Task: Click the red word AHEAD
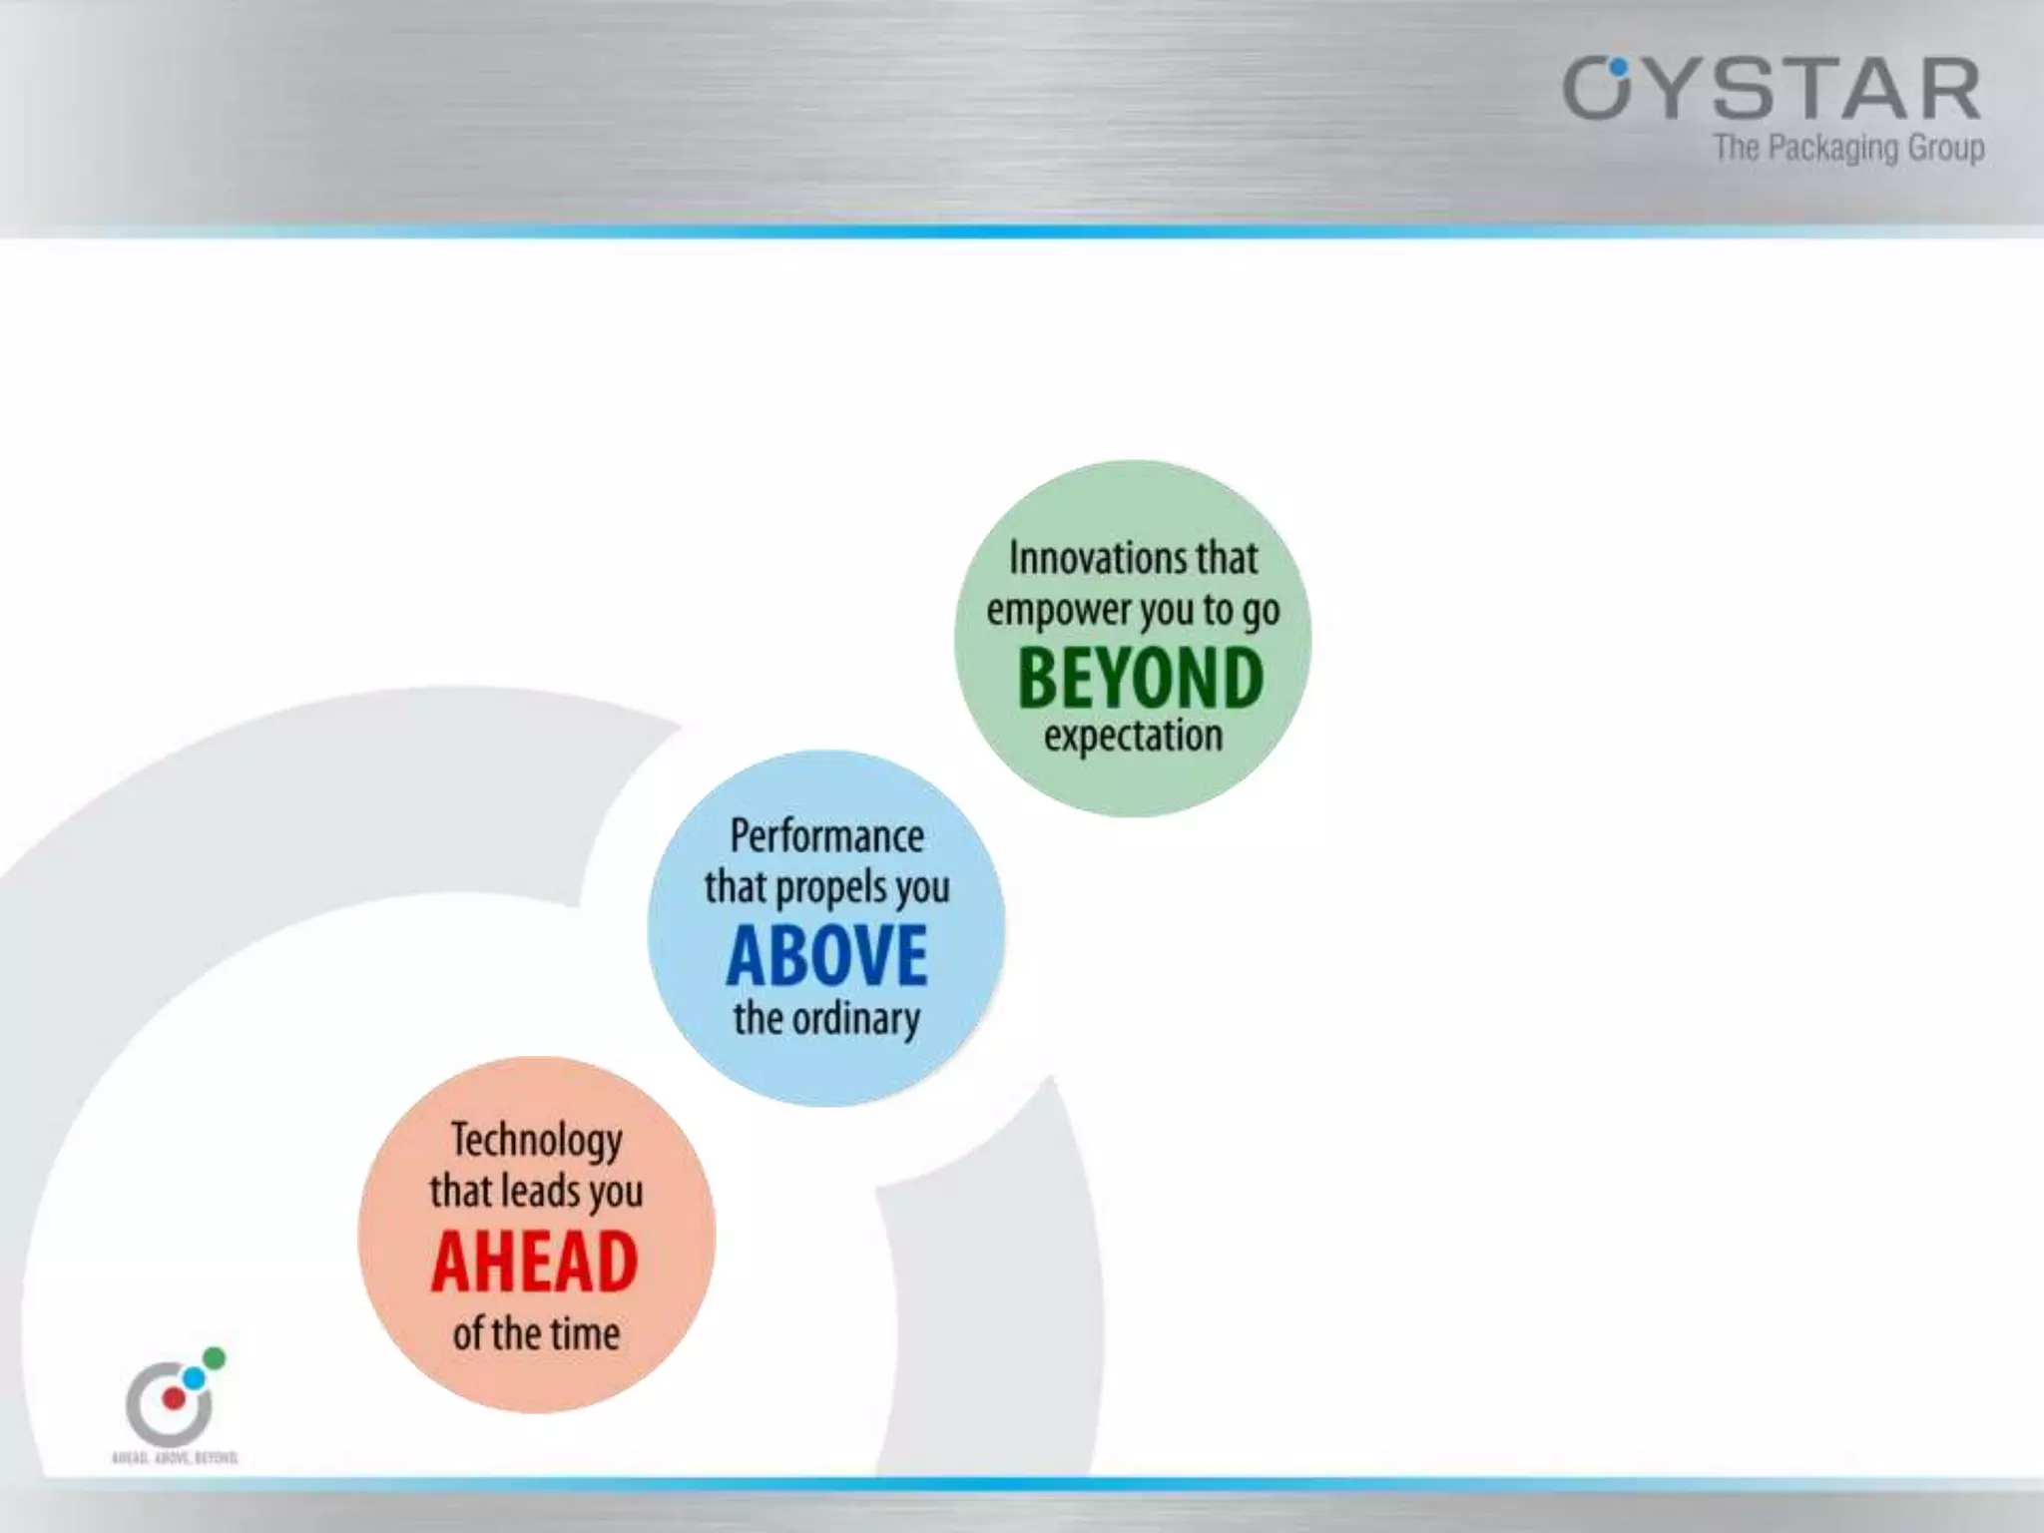(x=535, y=1263)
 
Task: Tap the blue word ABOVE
(x=826, y=956)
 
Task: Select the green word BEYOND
(x=1140, y=678)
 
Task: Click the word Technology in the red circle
(x=536, y=1141)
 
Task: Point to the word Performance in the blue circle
(x=826, y=836)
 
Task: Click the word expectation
(x=1133, y=737)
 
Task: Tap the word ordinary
(x=855, y=1019)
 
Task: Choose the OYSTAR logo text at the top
(x=1772, y=90)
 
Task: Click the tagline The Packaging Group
(x=1848, y=149)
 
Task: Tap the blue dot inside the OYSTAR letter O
(x=1618, y=68)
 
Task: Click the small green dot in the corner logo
(x=214, y=1358)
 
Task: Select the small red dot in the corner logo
(x=174, y=1398)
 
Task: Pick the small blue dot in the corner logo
(x=194, y=1378)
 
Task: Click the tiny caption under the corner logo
(x=175, y=1458)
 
